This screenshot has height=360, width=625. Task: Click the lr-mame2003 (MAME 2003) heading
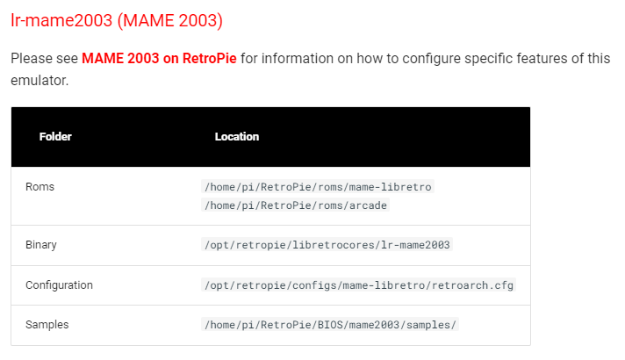[x=117, y=20]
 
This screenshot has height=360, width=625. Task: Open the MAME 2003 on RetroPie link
[x=159, y=59]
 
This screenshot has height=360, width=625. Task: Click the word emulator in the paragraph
[x=40, y=81]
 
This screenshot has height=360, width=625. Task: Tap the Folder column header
[x=55, y=136]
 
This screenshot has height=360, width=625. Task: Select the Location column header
[x=237, y=136]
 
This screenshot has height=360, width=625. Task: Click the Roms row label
[x=40, y=186]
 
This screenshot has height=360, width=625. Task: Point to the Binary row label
[x=41, y=245]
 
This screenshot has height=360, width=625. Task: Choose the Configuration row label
[x=59, y=285]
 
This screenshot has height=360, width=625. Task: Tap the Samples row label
[x=47, y=325]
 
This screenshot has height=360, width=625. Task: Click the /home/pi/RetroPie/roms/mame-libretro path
[x=318, y=186]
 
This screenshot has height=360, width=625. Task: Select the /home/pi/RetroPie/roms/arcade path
[x=295, y=205]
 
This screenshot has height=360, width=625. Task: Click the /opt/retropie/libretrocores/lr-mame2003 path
[x=327, y=245]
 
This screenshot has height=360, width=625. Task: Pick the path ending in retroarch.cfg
[x=359, y=285]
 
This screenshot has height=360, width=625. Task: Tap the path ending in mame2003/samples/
[x=330, y=325]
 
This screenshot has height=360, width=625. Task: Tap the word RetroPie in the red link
[x=210, y=59]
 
